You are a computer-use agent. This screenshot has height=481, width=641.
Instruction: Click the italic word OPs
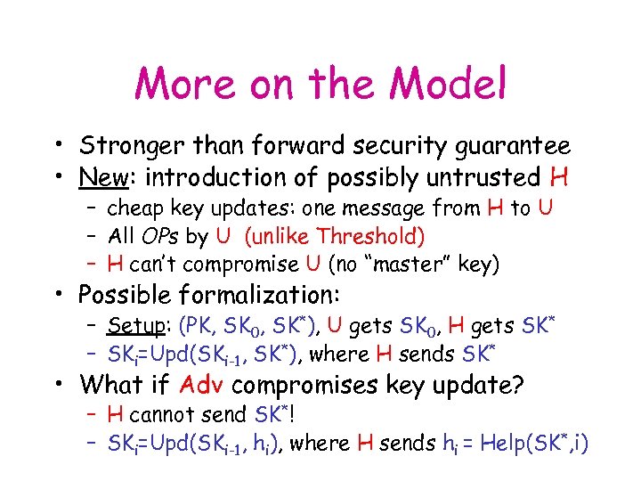click(155, 236)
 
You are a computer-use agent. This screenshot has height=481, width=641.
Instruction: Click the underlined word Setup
click(133, 326)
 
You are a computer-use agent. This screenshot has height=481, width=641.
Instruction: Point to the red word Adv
click(202, 385)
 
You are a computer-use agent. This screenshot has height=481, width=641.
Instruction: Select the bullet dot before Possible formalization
click(56, 294)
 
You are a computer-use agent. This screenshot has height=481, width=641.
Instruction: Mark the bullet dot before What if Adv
click(56, 385)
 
